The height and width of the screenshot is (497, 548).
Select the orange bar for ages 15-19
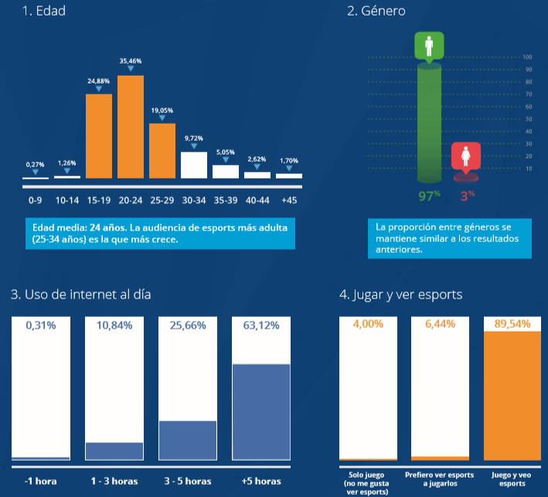pos(99,136)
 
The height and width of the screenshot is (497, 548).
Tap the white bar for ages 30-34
pos(194,165)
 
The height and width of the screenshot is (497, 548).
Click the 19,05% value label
pos(162,111)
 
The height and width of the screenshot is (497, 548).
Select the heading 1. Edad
pos(33,11)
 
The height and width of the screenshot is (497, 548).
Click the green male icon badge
pos(429,46)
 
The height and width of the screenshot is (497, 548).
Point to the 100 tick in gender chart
pos(528,57)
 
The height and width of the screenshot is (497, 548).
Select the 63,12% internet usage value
pos(260,325)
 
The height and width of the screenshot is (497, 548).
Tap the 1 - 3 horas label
pos(114,481)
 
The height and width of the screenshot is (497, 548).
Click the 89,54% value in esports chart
pos(511,325)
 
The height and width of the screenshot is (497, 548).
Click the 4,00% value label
pos(368,325)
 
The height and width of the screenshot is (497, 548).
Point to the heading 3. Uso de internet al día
pos(81,294)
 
